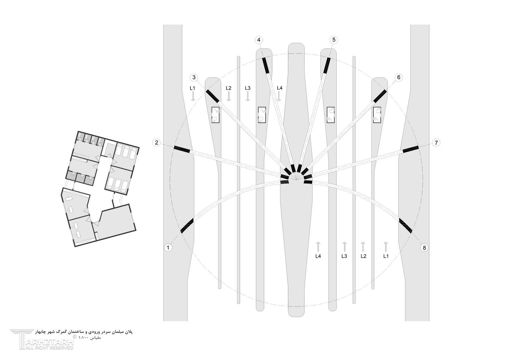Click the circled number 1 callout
coord(168,247)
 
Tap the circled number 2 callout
coord(156,143)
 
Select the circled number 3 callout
coord(194,77)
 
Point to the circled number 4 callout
coord(258,40)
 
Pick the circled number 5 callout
coord(333,40)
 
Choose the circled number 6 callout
coord(398,77)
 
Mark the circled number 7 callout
coord(436,143)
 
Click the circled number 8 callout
coord(424,247)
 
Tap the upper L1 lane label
coord(193,88)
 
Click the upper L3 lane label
coord(248,88)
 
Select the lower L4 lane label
coord(318,256)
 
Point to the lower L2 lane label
coord(363,256)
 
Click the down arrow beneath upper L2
coord(229,96)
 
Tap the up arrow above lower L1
coord(385,247)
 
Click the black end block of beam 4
coord(265,65)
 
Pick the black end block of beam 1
coord(187,225)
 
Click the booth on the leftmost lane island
coord(216,115)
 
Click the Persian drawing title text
coord(84,332)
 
